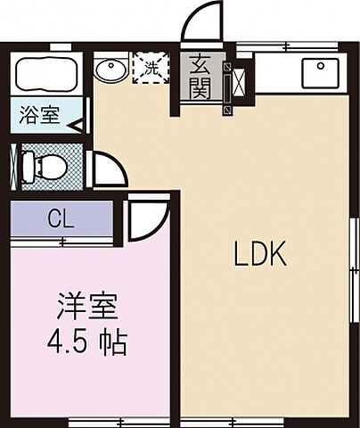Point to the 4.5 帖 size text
click(86, 343)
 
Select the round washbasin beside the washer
click(111, 69)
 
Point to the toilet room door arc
click(106, 168)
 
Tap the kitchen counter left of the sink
click(276, 73)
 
